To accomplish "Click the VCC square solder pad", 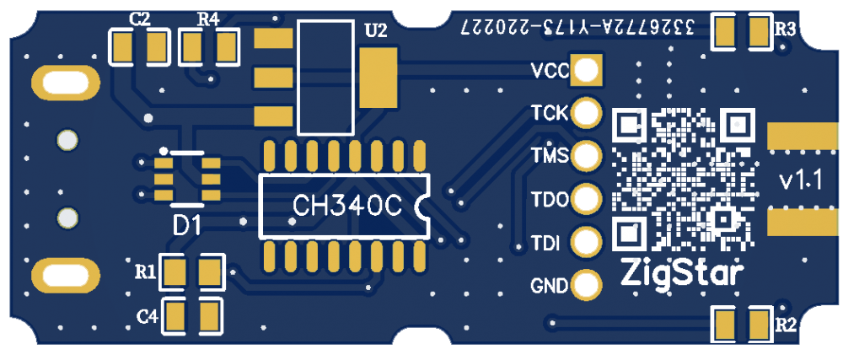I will click(x=587, y=69).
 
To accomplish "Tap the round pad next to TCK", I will click(x=586, y=112).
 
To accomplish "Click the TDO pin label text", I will click(x=548, y=201).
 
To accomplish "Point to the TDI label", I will click(x=545, y=244).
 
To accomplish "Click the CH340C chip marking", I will click(x=346, y=206).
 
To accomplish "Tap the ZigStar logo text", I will click(x=682, y=272).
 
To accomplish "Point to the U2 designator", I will click(x=375, y=31).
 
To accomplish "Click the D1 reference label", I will click(x=187, y=225).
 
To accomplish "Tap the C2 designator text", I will click(x=140, y=19).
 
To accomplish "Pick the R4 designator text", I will click(x=207, y=19).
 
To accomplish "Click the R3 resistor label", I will click(x=785, y=29).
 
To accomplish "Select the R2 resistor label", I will click(x=785, y=325).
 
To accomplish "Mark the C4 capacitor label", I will click(x=148, y=316).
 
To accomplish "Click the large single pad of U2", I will click(x=378, y=77).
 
